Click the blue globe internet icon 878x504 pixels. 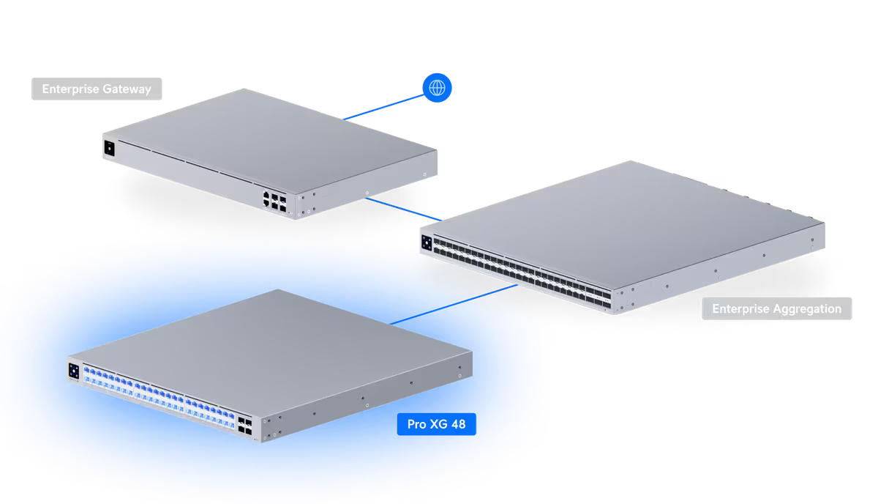(x=438, y=88)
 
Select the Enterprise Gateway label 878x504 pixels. (x=97, y=89)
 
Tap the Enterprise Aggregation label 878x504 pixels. (x=776, y=309)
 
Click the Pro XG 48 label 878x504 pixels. (x=438, y=424)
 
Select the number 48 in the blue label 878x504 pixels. (x=458, y=424)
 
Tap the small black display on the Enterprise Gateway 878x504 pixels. (x=110, y=147)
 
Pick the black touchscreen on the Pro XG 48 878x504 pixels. (x=73, y=371)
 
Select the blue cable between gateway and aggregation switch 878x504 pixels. (x=402, y=208)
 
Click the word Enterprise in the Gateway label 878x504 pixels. (x=70, y=89)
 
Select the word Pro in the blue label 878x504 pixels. (x=416, y=424)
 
